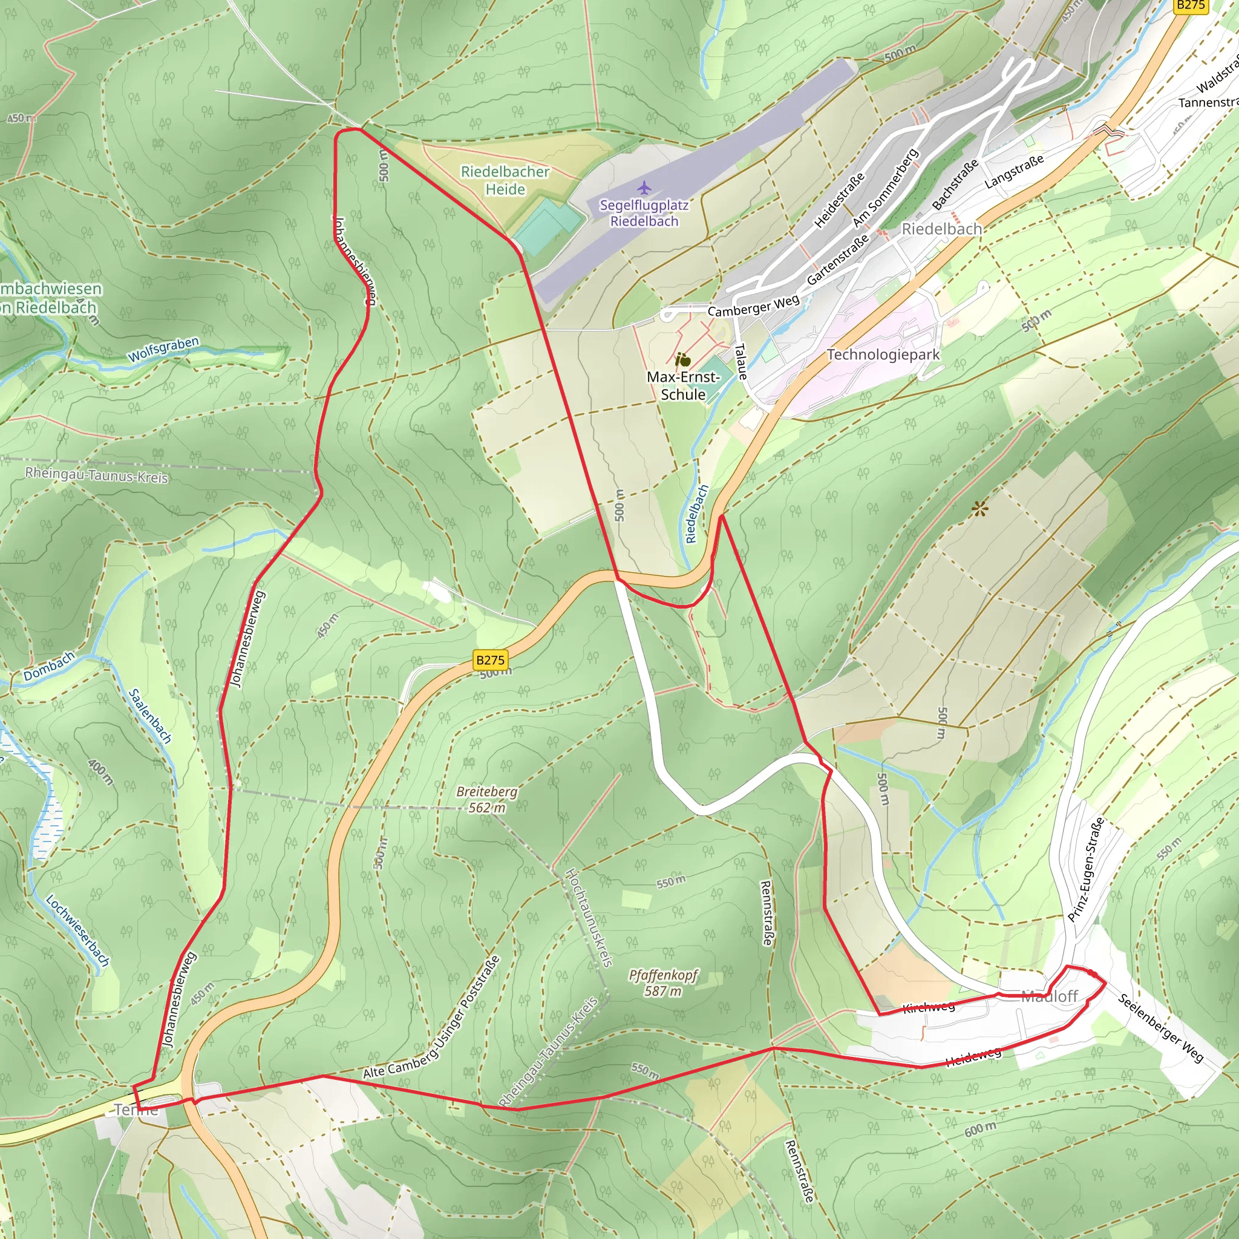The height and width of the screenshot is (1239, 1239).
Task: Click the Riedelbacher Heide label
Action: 505,181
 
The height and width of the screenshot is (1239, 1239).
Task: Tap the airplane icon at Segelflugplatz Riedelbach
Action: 644,188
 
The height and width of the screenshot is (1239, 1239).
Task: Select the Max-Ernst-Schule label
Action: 683,385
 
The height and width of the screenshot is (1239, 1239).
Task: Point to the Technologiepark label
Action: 883,355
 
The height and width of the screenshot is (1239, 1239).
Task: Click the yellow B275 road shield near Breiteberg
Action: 491,660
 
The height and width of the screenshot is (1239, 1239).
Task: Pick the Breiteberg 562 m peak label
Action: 487,799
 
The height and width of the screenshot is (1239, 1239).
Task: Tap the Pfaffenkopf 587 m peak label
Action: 663,982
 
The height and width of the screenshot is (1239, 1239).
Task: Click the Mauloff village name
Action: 1049,996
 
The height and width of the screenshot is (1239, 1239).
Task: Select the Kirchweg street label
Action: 929,1006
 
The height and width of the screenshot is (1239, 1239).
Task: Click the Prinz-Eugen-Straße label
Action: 1086,870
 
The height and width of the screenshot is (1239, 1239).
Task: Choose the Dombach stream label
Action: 50,665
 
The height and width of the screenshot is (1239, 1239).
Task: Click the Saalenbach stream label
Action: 150,716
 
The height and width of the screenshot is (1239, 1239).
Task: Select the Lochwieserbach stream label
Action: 77,930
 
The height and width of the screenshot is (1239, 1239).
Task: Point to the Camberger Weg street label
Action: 754,306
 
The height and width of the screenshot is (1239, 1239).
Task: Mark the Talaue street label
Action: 740,362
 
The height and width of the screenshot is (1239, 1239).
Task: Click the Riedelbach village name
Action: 941,229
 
